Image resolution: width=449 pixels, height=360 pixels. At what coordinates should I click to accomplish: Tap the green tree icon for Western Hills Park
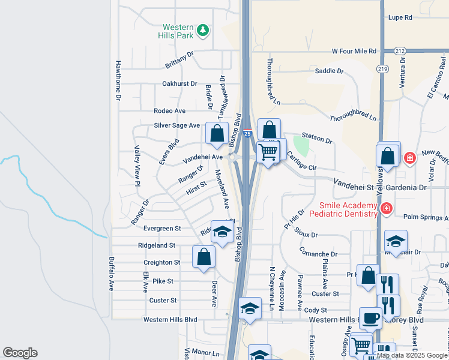coord(203,30)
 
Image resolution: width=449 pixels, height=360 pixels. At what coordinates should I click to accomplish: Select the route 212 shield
coord(400,51)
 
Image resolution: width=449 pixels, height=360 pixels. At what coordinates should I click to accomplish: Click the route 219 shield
coord(382,69)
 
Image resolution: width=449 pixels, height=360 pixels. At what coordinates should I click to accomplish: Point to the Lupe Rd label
coord(400,17)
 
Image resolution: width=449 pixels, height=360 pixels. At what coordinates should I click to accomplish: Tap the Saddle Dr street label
coord(329,71)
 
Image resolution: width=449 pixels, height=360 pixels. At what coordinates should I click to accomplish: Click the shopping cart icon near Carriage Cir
coord(268,151)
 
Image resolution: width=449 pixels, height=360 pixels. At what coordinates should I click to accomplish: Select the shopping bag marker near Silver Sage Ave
coord(217,133)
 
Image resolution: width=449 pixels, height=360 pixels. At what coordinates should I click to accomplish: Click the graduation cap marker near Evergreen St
coord(222,233)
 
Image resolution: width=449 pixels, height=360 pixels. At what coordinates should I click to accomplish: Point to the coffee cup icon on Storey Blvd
coord(370,317)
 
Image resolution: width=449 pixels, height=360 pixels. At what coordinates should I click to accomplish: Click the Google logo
coord(20,353)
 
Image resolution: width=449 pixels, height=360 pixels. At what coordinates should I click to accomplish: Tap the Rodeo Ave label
coord(169,111)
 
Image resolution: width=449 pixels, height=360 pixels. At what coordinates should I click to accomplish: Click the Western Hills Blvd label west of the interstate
coord(170,320)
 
